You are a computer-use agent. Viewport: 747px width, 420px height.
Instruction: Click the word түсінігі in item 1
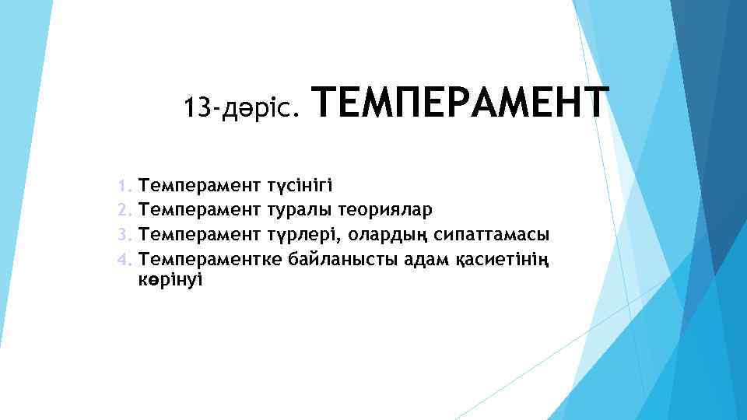[300, 185]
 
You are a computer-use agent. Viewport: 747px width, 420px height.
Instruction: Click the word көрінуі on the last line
[170, 279]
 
